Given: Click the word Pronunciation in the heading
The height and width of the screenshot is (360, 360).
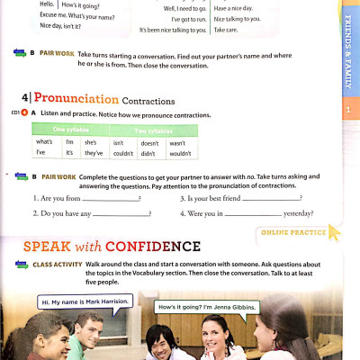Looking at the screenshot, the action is pyautogui.click(x=76, y=99).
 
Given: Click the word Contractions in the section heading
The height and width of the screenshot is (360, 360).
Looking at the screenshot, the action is pyautogui.click(x=148, y=100).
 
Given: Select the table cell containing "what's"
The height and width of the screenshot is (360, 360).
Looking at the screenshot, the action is pyautogui.click(x=44, y=142).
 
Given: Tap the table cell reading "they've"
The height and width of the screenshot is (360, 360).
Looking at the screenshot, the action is pyautogui.click(x=94, y=154).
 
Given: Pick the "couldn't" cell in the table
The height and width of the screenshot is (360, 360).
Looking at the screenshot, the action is pyautogui.click(x=123, y=154).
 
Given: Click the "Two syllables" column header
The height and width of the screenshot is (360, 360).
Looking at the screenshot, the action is pyautogui.click(x=150, y=130).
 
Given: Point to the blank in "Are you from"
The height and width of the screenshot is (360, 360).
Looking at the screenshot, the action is pyautogui.click(x=110, y=199).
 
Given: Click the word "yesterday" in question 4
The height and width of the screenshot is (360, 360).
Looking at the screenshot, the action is pyautogui.click(x=298, y=213).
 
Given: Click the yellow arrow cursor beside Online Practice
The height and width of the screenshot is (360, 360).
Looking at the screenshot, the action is pyautogui.click(x=334, y=232).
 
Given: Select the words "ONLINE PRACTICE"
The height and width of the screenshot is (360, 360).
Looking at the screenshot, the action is pyautogui.click(x=292, y=232).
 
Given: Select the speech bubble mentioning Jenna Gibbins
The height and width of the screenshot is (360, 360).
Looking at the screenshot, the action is pyautogui.click(x=207, y=307).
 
